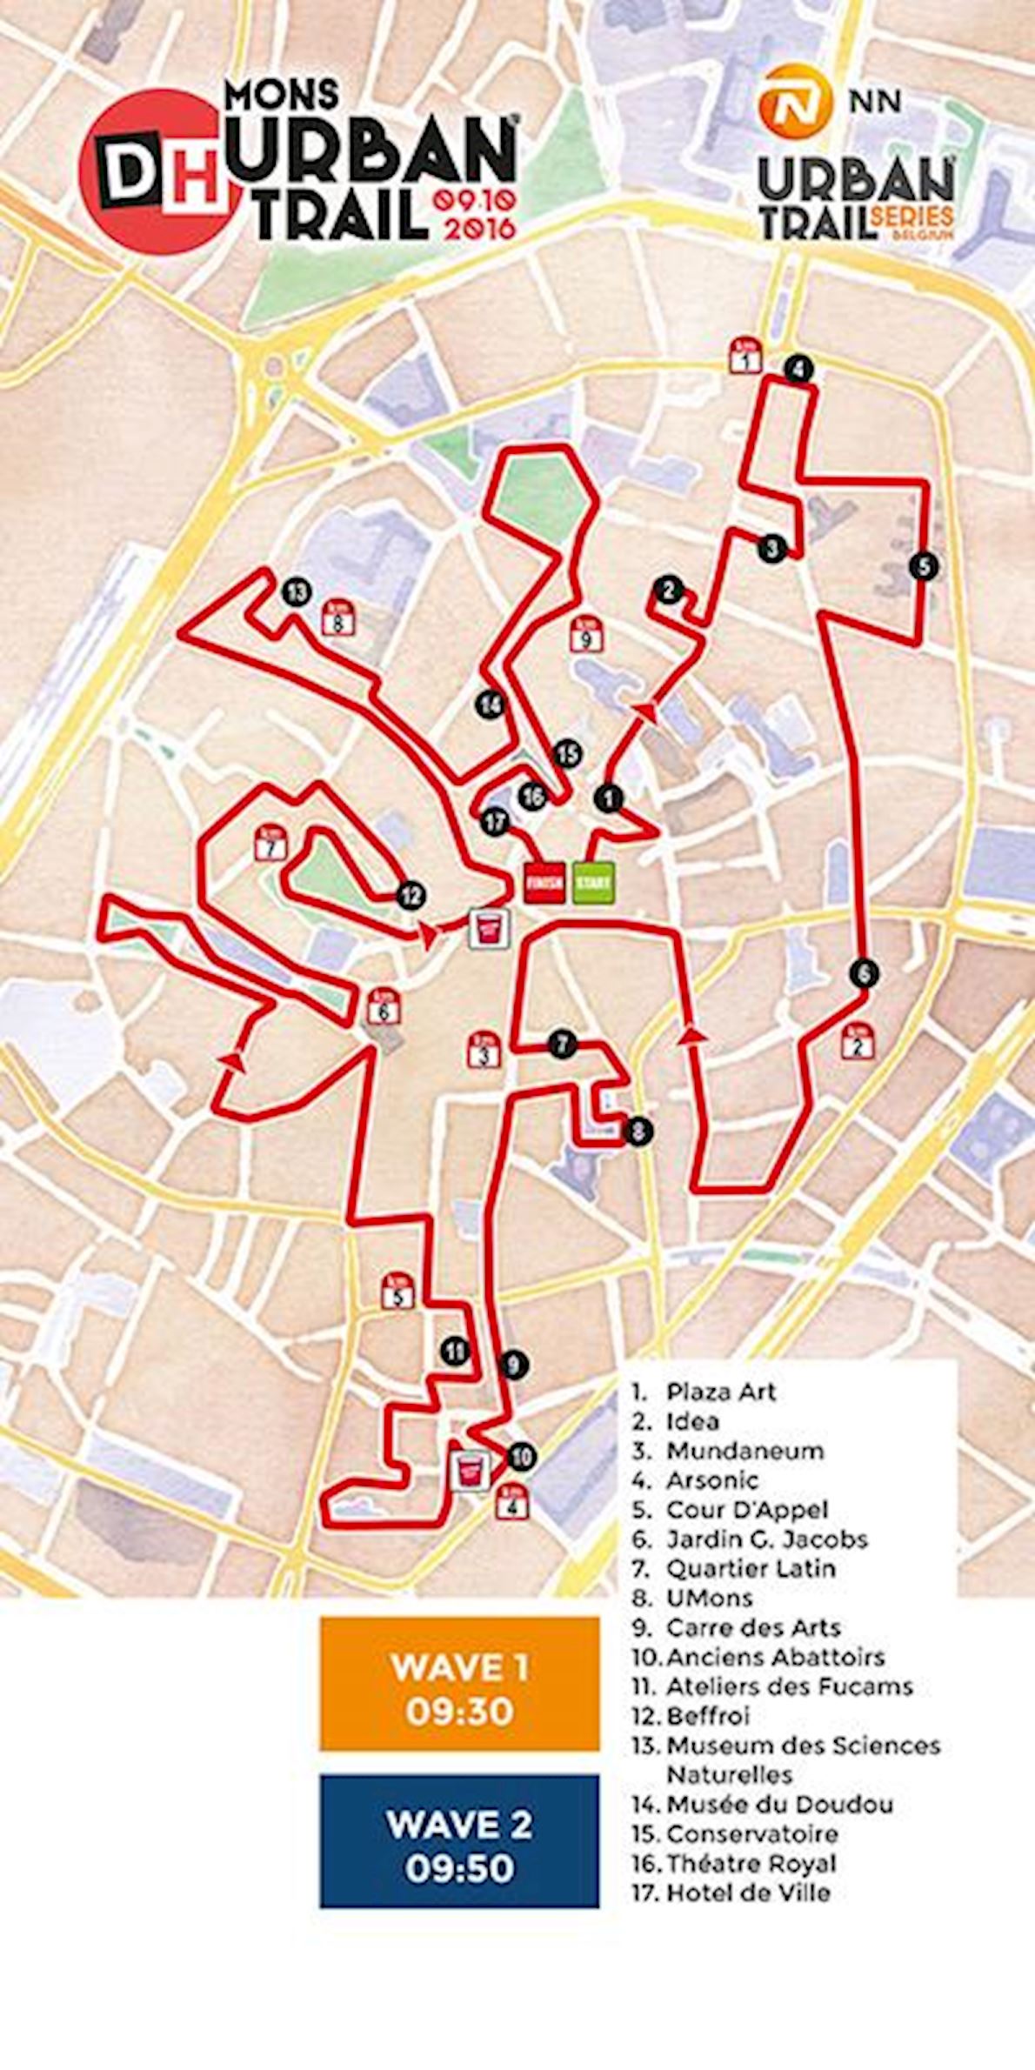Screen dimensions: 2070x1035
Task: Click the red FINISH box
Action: [544, 884]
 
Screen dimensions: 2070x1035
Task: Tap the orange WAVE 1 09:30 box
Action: [459, 1688]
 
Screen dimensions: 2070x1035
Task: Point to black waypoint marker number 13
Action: [297, 593]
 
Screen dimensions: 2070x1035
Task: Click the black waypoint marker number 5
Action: [925, 566]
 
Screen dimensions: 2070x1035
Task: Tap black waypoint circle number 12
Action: [411, 895]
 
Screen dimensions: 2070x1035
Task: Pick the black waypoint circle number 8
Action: [638, 1132]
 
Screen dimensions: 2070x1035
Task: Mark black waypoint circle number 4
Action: [798, 369]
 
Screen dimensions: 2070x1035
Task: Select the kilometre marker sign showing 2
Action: [858, 1042]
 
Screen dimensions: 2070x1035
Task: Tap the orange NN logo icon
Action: [791, 102]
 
